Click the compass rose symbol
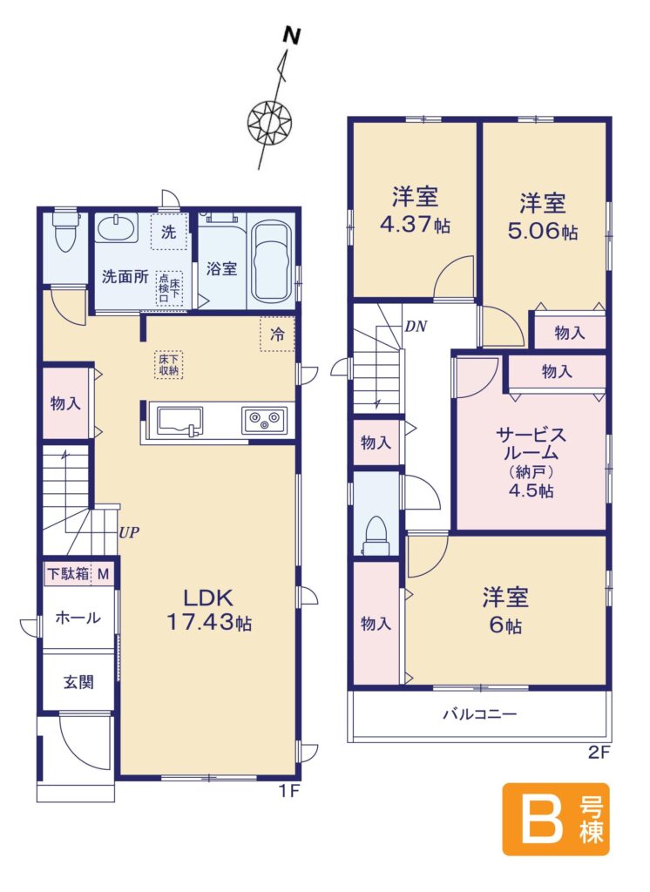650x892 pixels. coord(270,121)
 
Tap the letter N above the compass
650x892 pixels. coord(292,36)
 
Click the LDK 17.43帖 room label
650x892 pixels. coord(208,610)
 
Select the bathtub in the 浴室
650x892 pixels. coord(272,261)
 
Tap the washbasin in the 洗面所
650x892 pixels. coord(117,229)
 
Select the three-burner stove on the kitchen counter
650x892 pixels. coord(264,421)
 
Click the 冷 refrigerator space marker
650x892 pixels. coord(277,334)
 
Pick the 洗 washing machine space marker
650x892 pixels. coord(168,232)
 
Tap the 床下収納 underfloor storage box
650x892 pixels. coord(168,365)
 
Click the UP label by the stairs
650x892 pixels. coord(129,533)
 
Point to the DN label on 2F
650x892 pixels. coord(416,327)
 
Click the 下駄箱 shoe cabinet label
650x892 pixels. coord(68,574)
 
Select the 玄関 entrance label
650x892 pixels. coord(78,681)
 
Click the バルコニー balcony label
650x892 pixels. coord(480,714)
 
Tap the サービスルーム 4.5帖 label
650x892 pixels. coord(532,463)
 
